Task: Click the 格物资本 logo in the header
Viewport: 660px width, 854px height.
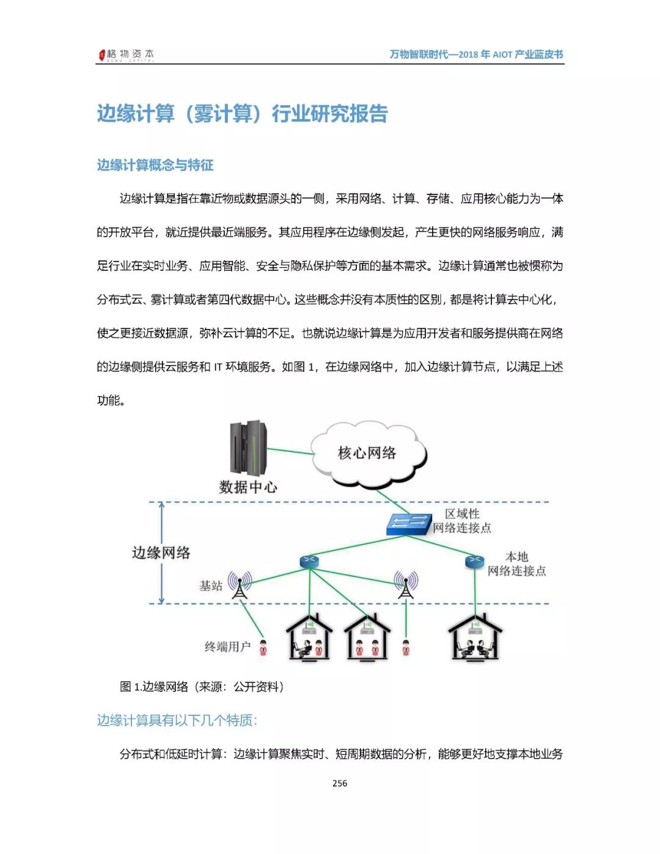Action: [x=127, y=54]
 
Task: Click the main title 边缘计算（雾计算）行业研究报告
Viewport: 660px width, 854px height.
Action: [x=243, y=114]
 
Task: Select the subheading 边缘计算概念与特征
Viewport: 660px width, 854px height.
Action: [x=155, y=165]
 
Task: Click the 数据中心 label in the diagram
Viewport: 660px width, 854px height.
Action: [x=248, y=487]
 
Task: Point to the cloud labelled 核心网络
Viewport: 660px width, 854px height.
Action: [x=367, y=454]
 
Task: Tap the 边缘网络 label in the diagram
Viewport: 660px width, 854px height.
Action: [x=161, y=553]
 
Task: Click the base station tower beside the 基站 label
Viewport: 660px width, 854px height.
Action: [x=240, y=585]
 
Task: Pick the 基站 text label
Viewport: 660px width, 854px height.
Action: [x=211, y=586]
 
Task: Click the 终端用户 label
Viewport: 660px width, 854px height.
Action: [x=227, y=647]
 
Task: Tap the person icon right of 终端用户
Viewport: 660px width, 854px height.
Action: [x=263, y=647]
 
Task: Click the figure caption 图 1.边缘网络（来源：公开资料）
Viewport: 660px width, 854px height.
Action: [x=202, y=687]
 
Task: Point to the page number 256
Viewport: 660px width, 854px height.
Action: [x=340, y=783]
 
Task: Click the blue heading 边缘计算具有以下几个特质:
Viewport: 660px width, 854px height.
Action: [x=177, y=720]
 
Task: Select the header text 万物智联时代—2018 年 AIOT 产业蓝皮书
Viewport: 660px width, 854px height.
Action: [x=476, y=54]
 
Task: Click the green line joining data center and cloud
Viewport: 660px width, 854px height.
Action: [x=290, y=452]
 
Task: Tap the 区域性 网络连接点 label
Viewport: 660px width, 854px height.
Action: [x=462, y=521]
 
